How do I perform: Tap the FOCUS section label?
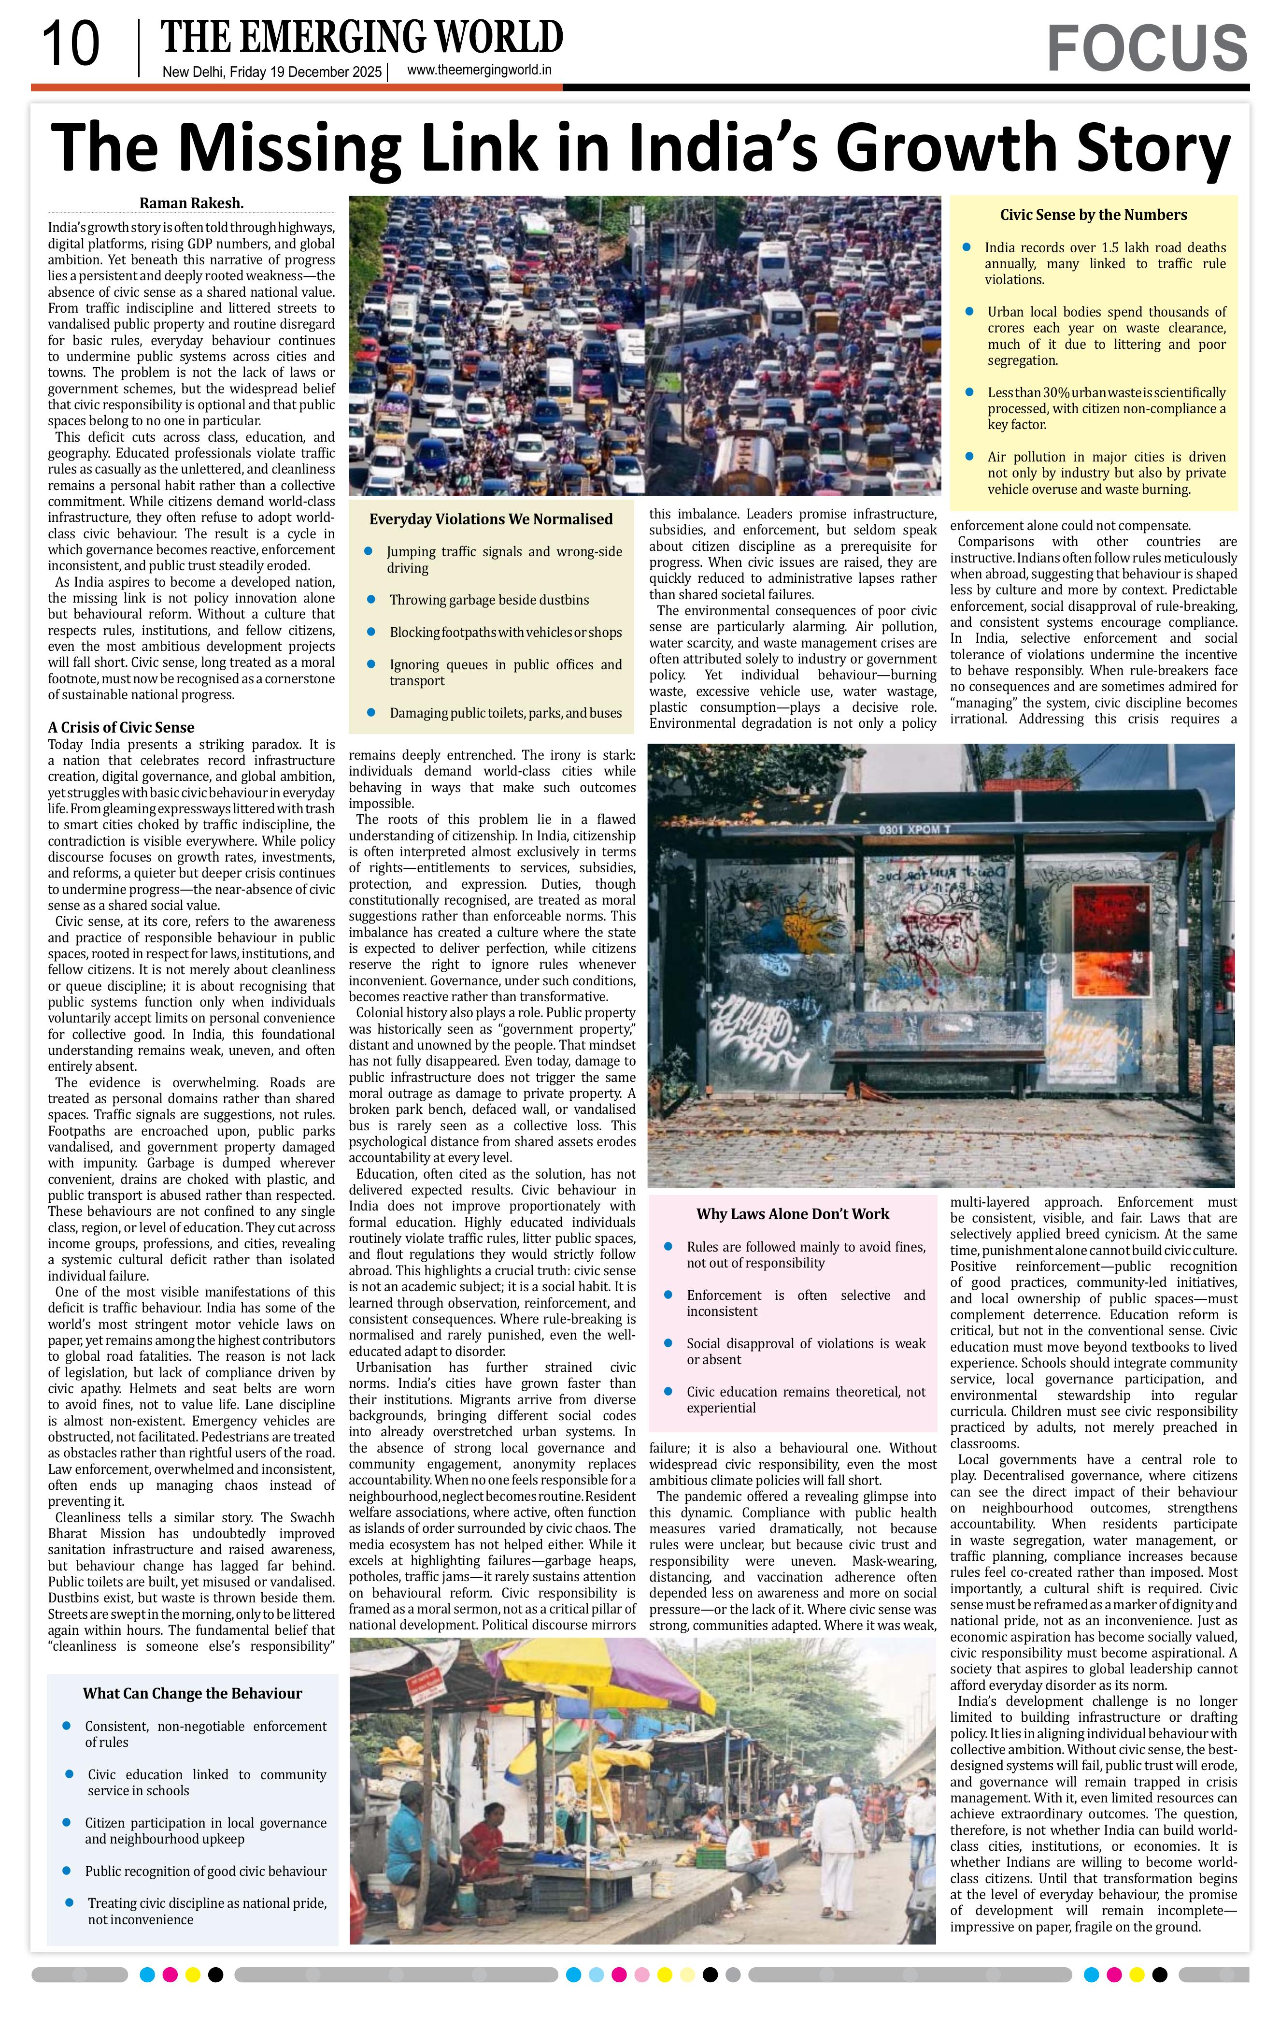pyautogui.click(x=1146, y=49)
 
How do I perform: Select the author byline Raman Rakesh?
pyautogui.click(x=191, y=202)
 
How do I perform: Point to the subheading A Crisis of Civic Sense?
pyautogui.click(x=121, y=727)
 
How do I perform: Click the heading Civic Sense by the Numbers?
pyautogui.click(x=1094, y=215)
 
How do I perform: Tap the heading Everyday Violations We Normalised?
pyautogui.click(x=491, y=519)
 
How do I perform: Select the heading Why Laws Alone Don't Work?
pyautogui.click(x=792, y=1214)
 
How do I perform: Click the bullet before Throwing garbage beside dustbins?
pyautogui.click(x=369, y=600)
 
